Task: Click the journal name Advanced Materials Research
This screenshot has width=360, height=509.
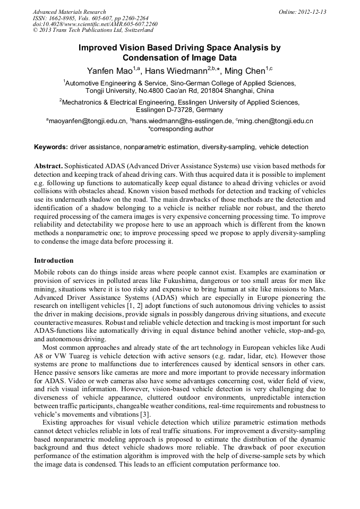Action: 69,12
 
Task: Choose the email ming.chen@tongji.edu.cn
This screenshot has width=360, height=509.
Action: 276,121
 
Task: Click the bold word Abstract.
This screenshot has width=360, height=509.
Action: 48,166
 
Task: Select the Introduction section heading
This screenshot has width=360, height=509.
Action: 54,261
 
